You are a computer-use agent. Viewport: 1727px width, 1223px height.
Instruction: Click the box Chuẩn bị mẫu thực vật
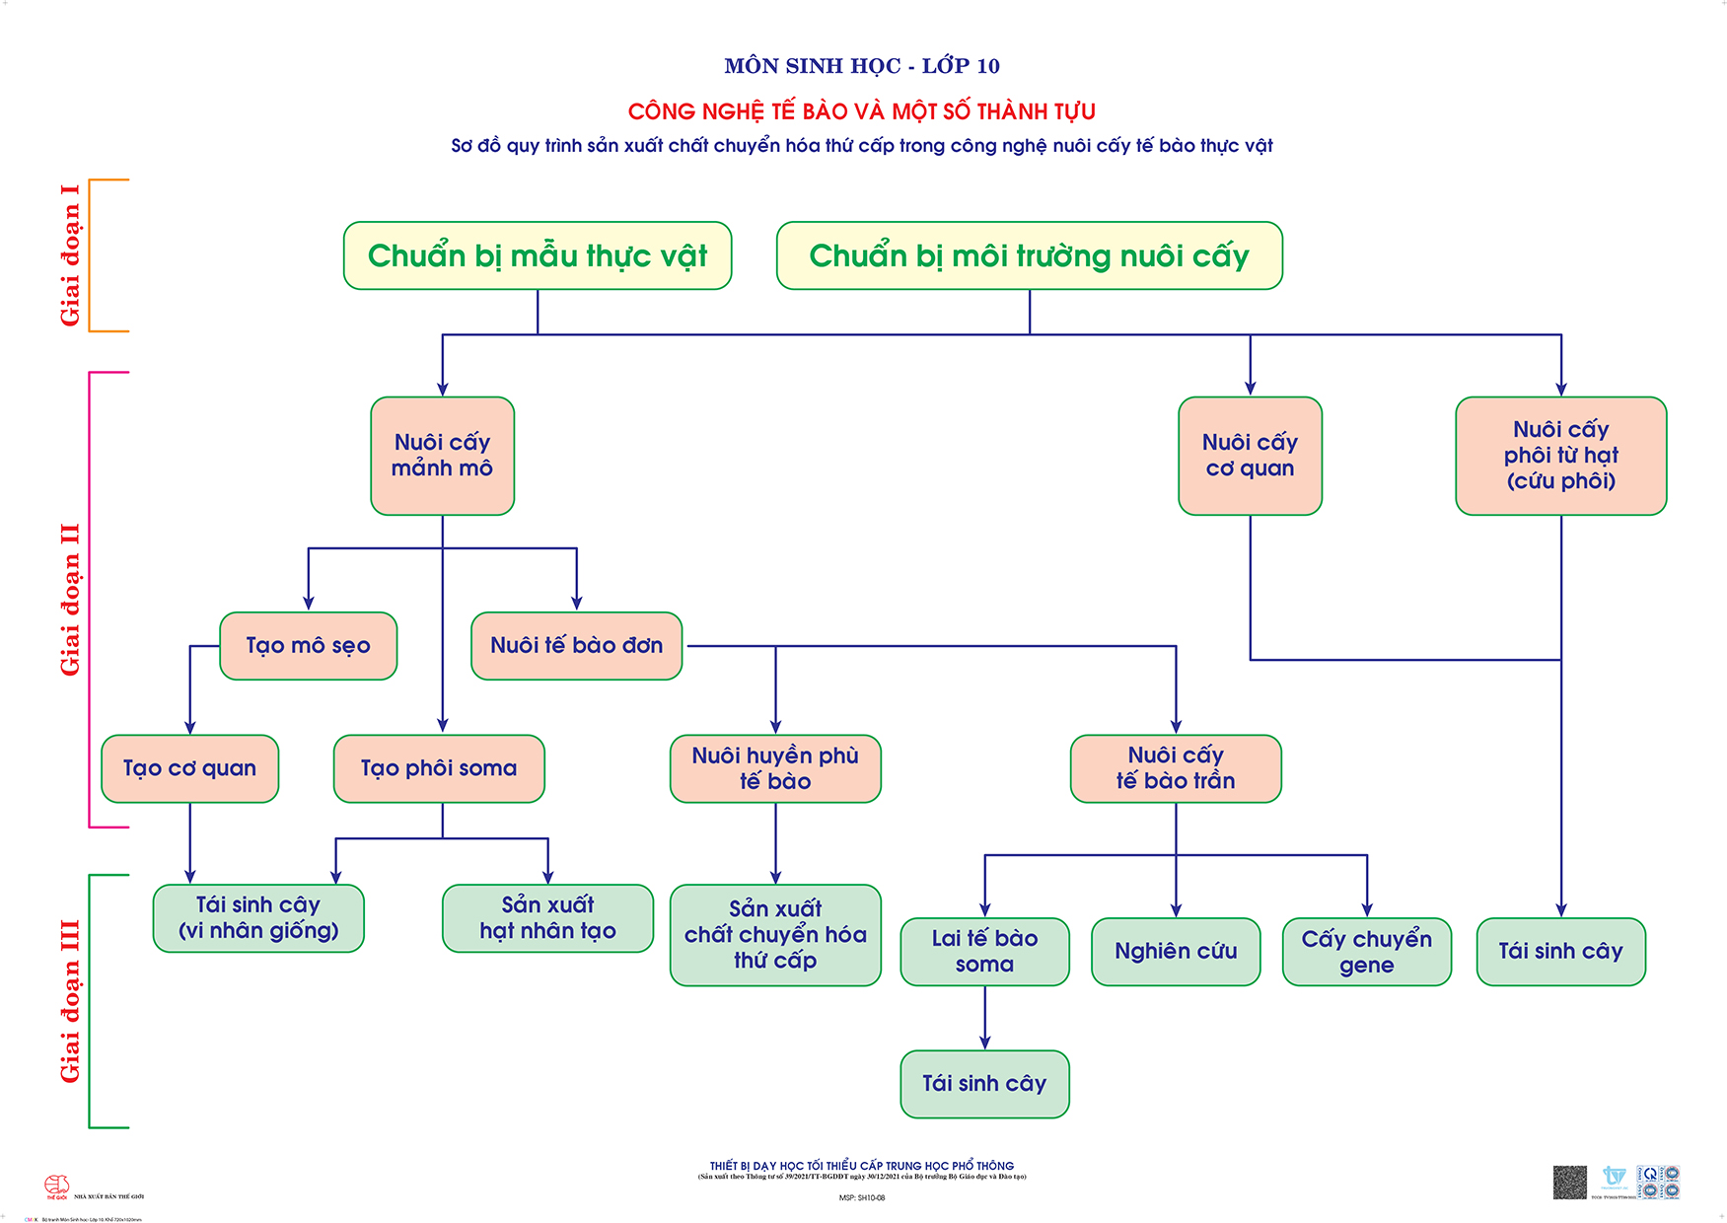tap(538, 255)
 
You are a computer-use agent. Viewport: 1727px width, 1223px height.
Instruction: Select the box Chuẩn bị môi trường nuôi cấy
tap(1029, 255)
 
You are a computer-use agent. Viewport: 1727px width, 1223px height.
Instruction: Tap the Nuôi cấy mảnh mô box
tap(442, 456)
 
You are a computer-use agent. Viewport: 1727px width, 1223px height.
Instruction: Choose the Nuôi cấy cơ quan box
tap(1250, 456)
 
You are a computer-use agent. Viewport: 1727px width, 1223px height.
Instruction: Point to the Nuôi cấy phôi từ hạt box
tap(1560, 456)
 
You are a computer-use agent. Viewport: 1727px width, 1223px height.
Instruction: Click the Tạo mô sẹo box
tap(308, 646)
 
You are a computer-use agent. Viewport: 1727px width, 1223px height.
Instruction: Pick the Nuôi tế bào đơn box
tap(576, 646)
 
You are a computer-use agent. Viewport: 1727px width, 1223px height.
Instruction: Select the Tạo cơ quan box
tap(189, 768)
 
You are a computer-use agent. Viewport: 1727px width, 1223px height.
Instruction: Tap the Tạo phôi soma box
tap(439, 768)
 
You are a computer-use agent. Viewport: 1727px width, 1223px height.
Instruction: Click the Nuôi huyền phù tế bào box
tap(775, 768)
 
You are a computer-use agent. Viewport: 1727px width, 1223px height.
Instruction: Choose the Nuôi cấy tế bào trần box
tap(1176, 768)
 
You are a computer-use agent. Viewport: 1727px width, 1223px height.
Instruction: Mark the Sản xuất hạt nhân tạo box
tap(547, 918)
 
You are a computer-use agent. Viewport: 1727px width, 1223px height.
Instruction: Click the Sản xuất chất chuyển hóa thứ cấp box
tap(775, 935)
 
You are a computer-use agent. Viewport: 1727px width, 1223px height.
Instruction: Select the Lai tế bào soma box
tap(984, 952)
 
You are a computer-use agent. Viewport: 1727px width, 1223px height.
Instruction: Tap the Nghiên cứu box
tap(1176, 952)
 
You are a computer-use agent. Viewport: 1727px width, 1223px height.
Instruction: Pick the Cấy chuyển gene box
tap(1366, 952)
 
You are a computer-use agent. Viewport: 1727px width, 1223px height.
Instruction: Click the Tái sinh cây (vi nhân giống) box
tap(258, 918)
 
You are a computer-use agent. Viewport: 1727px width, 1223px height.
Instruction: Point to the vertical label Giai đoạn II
tap(70, 600)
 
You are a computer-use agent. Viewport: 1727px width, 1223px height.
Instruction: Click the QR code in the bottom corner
tap(1569, 1182)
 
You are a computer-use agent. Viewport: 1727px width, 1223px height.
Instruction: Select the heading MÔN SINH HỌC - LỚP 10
tap(862, 66)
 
